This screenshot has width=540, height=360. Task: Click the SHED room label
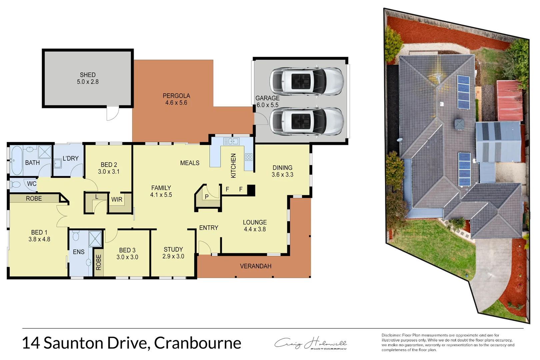88,75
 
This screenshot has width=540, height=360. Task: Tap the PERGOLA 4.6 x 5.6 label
176,99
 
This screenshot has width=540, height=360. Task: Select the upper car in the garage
306,81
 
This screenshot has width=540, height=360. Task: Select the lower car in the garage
306,121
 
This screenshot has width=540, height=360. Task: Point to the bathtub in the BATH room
16,160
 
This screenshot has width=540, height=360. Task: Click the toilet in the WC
15,184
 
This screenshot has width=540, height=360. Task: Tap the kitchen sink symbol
231,141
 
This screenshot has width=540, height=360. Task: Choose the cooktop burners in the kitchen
249,157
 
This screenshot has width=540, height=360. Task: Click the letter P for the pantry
207,197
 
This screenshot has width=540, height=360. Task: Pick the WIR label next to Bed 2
117,200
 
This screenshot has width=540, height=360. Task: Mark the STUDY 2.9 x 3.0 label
173,253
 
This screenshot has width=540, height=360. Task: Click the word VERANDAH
256,266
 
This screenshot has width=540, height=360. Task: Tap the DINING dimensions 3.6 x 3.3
282,175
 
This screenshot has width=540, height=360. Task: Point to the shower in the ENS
95,239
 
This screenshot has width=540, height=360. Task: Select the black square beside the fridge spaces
251,190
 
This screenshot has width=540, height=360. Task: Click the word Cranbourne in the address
197,343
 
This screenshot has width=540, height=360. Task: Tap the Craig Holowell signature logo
310,343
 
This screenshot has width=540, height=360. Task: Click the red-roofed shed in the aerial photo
509,101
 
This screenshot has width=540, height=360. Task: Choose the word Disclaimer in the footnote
391,335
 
